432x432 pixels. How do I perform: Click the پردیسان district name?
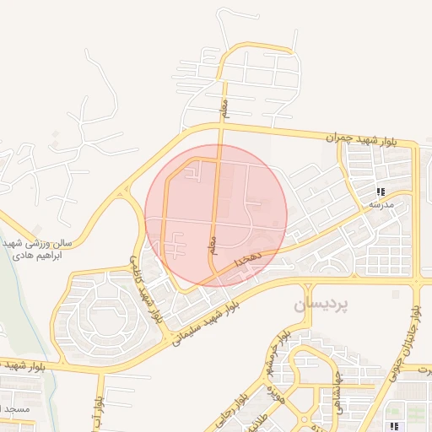pyautogui.click(x=321, y=305)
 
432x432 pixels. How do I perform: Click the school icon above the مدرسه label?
pyautogui.click(x=381, y=192)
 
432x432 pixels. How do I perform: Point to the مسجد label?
pyautogui.click(x=17, y=408)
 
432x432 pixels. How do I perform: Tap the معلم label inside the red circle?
pyautogui.click(x=214, y=245)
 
